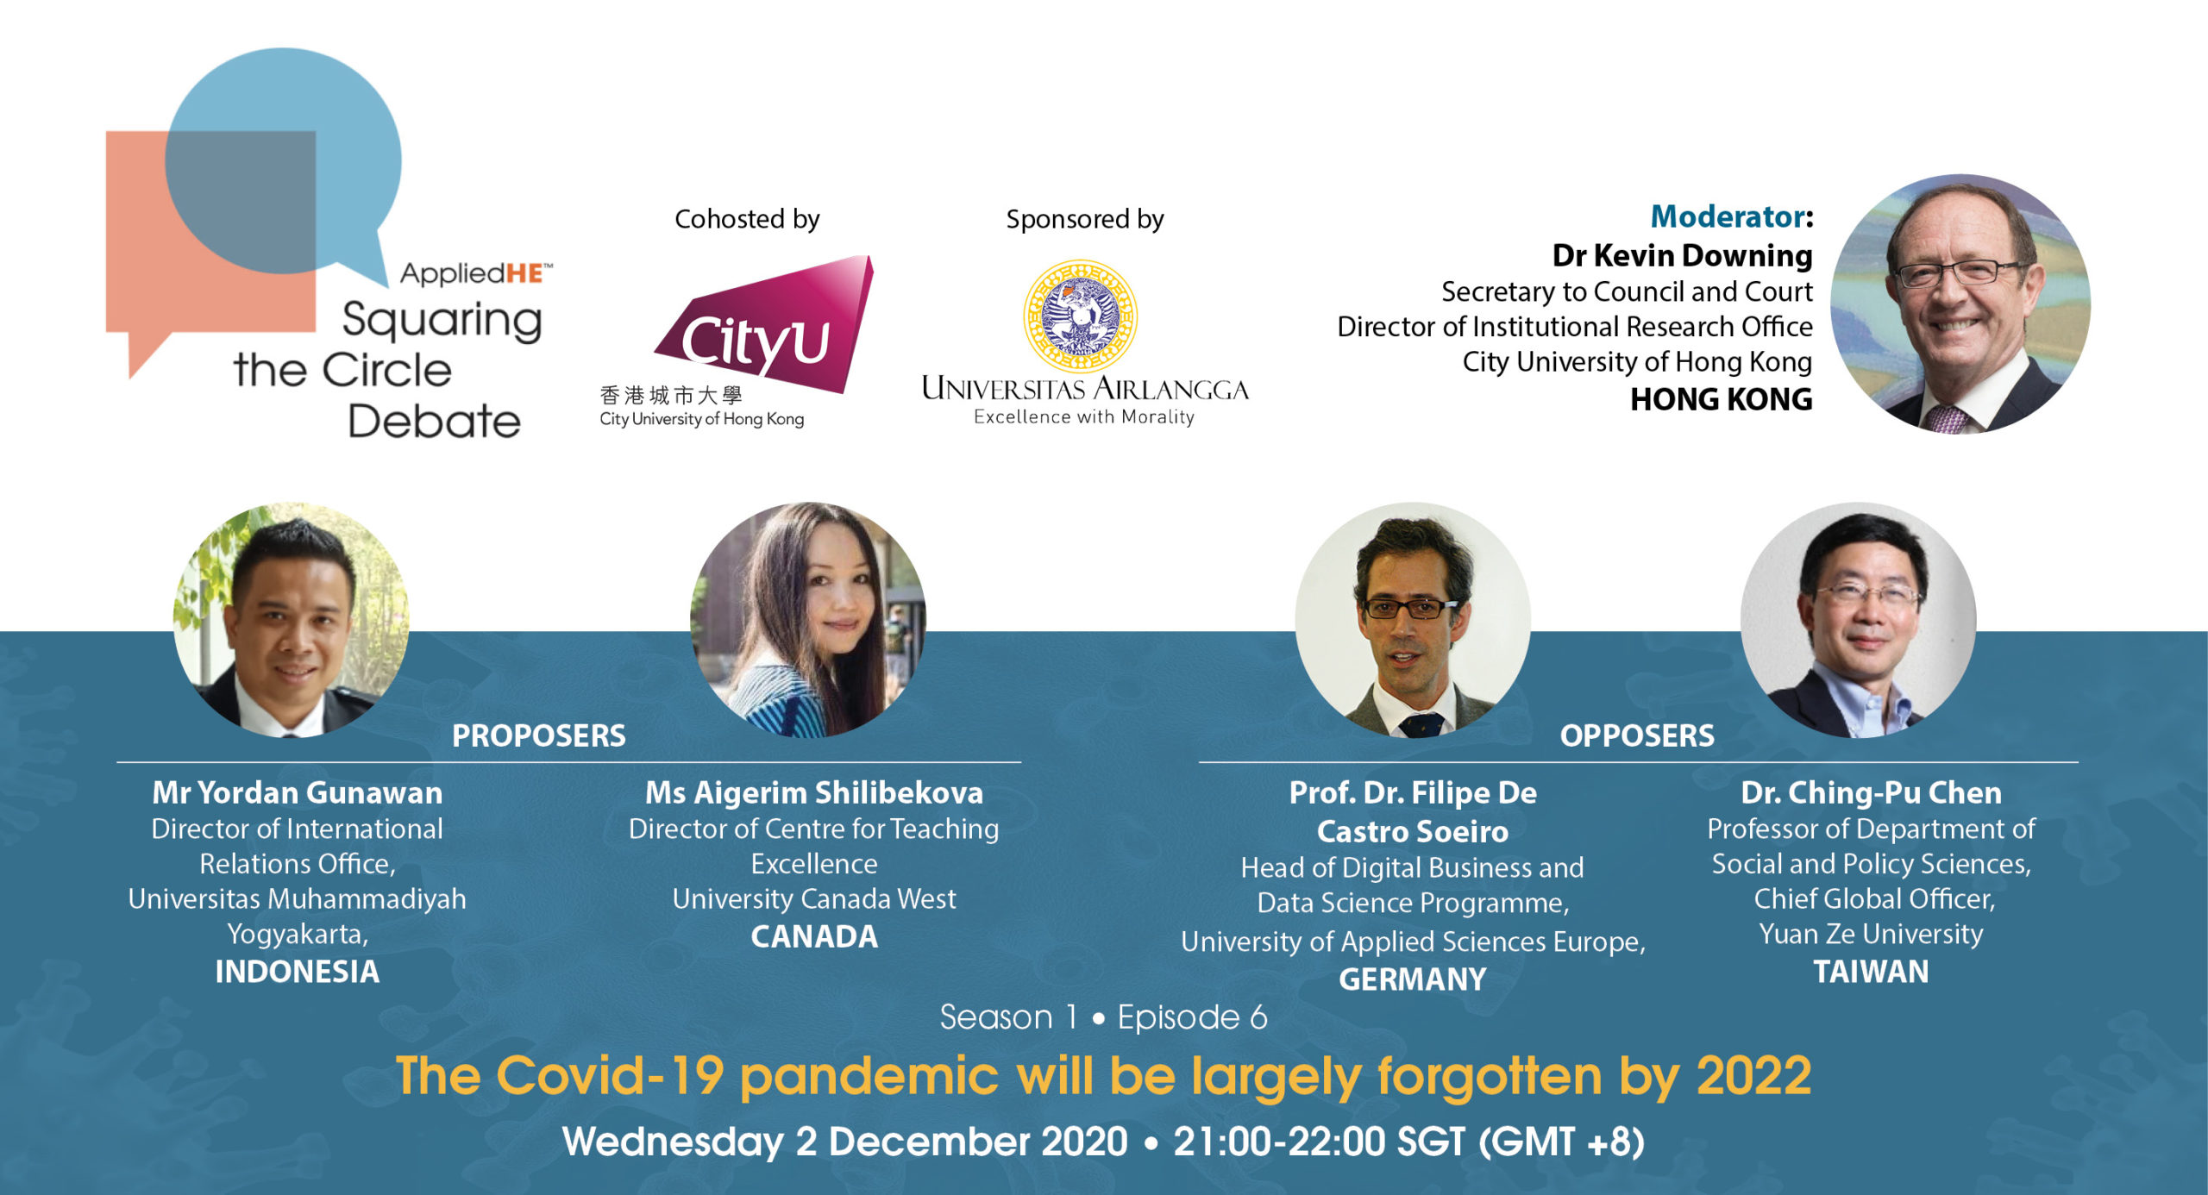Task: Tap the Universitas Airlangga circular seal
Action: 1081,316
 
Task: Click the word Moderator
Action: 1728,216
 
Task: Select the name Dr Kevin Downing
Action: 1682,255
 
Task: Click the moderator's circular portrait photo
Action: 1960,303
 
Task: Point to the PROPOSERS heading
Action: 539,735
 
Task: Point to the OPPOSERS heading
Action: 1637,735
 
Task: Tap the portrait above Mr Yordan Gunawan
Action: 292,620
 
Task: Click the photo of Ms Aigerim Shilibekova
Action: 808,620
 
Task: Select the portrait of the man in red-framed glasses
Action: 1413,620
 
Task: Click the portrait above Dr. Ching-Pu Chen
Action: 1859,620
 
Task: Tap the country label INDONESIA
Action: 297,972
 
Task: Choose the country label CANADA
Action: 814,936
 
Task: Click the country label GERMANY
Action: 1413,979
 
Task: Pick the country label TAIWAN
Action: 1871,972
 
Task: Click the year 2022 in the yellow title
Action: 1754,1076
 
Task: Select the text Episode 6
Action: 1193,1017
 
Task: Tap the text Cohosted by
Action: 747,219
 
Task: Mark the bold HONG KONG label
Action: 1722,399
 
